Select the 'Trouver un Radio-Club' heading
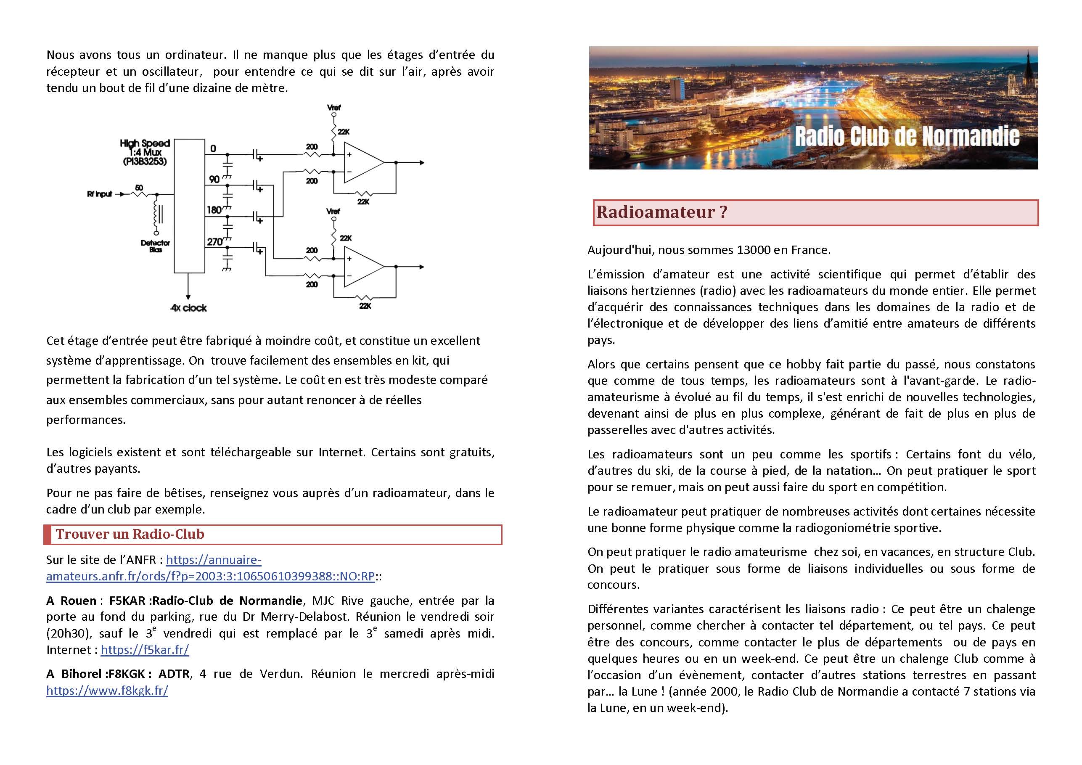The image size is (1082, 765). click(130, 534)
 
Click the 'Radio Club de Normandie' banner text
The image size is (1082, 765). click(907, 136)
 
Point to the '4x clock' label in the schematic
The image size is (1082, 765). click(188, 308)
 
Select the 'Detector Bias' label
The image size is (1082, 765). click(155, 246)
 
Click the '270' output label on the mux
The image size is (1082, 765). click(214, 242)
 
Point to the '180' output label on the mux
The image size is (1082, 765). click(214, 210)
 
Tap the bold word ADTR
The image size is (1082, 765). click(175, 674)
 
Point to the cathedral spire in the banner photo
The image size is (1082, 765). click(1028, 71)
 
